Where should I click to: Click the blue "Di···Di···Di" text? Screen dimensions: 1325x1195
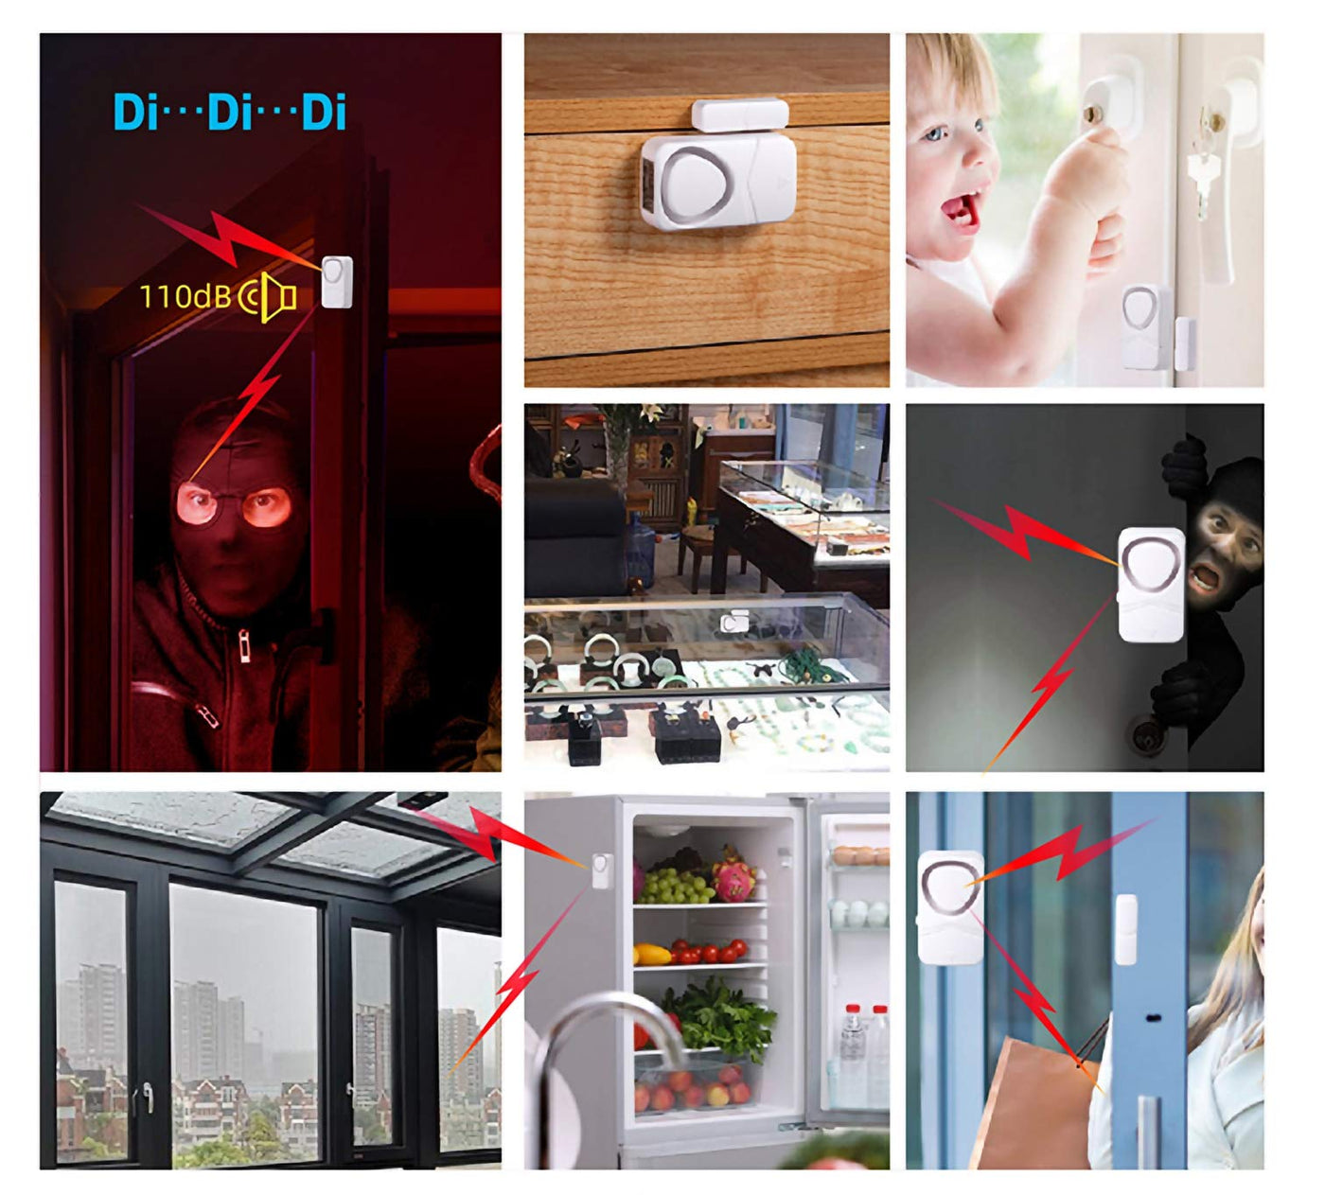[230, 113]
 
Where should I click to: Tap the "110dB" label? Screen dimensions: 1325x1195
[185, 296]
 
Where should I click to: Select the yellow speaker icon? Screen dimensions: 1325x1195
[268, 296]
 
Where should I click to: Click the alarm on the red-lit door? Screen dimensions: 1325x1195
[337, 282]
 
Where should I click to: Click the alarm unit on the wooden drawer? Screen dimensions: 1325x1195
[718, 181]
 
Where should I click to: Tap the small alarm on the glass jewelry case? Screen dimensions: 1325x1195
[733, 622]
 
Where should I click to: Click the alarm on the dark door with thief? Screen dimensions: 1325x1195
[1151, 584]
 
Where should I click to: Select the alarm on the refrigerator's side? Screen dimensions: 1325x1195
[602, 870]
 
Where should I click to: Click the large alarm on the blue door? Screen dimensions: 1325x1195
[950, 907]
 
